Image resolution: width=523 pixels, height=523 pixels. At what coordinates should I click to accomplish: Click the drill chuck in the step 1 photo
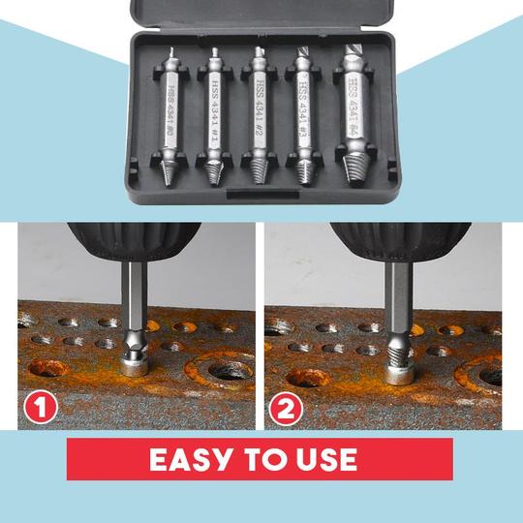point(134,242)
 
